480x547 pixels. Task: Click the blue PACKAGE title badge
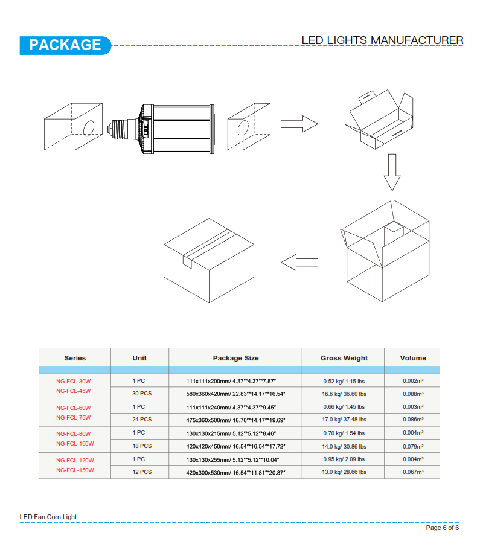(65, 45)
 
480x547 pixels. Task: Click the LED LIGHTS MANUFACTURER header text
(382, 40)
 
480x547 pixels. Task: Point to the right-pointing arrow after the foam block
(299, 124)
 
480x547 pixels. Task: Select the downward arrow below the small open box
(392, 172)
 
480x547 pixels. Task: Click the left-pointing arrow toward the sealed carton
(299, 263)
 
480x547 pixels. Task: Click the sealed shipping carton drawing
(209, 261)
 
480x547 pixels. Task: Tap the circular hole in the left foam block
(89, 128)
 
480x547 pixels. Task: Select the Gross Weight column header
(344, 358)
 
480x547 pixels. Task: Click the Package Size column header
(236, 358)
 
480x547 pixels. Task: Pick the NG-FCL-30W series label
(73, 382)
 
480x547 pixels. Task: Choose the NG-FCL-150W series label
(75, 470)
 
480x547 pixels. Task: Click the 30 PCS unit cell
(142, 394)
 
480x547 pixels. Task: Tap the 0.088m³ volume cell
(413, 394)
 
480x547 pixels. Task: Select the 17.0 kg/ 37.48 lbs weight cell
(344, 420)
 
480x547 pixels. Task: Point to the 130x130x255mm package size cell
(232, 460)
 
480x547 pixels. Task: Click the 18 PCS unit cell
(142, 446)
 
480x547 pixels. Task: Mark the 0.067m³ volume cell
(413, 472)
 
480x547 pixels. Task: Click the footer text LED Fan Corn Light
(48, 517)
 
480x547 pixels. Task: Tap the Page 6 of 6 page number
(443, 528)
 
